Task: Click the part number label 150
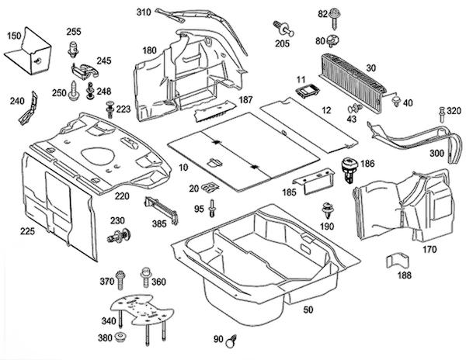click(x=14, y=36)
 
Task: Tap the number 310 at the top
click(x=144, y=13)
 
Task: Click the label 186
click(x=367, y=165)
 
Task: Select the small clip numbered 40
click(x=396, y=101)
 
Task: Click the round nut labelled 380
click(x=120, y=338)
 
